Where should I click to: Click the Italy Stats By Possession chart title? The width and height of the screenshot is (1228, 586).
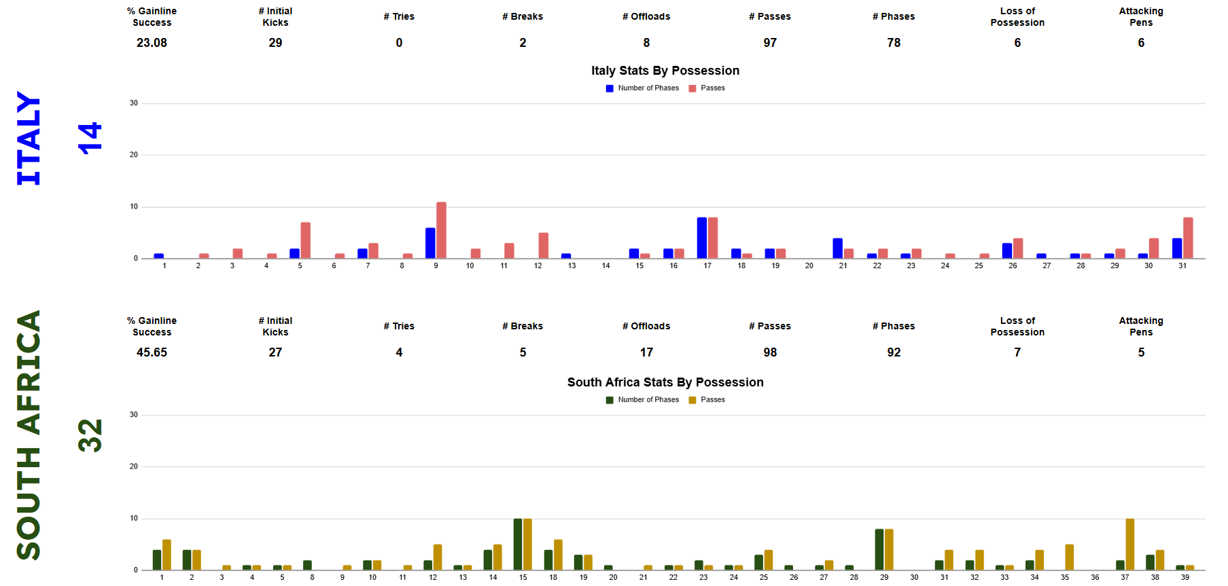coord(665,71)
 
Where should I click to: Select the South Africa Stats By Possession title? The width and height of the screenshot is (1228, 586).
coord(665,382)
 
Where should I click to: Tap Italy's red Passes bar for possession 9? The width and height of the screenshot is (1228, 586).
coord(441,230)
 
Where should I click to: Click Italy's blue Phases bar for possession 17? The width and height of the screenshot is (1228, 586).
coord(701,238)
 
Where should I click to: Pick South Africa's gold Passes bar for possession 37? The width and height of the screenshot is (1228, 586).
coord(1129,544)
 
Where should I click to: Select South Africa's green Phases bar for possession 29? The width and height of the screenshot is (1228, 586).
coord(879,549)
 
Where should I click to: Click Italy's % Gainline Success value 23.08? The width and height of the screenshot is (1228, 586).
coord(152,43)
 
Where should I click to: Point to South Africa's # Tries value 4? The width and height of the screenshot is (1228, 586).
coord(399,352)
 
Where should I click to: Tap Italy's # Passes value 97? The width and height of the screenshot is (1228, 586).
coord(770,43)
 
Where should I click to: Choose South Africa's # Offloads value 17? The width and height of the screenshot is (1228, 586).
coord(646,352)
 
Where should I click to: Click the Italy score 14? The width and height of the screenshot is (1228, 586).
coord(90,139)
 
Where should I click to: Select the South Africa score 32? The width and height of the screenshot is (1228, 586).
coord(90,435)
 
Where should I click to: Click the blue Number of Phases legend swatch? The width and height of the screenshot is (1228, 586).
coord(610,88)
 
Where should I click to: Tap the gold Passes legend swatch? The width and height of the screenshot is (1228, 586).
coord(692,400)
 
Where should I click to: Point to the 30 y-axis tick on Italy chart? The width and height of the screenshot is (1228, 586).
coord(134,103)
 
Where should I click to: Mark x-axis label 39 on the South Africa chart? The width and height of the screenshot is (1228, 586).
coord(1185,577)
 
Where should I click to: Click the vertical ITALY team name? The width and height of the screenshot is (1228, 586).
coord(29,139)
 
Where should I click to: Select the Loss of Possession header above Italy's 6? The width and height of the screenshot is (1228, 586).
coord(1017,17)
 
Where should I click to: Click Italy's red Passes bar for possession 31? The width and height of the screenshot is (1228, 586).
coord(1188,238)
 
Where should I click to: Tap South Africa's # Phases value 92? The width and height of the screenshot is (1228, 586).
coord(894,352)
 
